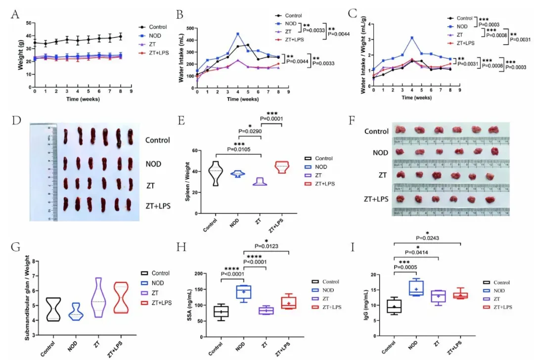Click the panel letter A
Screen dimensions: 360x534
tap(15, 15)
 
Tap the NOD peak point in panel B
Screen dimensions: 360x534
tap(224, 34)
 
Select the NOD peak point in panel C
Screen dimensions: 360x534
tap(411, 38)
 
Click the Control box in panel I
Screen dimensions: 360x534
tap(394, 307)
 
